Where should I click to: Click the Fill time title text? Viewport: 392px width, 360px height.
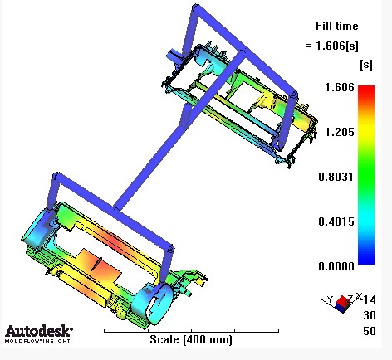337,26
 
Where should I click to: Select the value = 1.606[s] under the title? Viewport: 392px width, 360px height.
332,46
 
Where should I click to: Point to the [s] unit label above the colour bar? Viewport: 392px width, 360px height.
366,65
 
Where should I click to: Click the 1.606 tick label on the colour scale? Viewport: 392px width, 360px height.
340,87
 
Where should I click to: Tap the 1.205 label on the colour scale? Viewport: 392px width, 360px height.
340,132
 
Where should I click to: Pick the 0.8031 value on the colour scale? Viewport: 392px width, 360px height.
336,177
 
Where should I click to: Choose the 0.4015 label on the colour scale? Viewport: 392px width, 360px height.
336,221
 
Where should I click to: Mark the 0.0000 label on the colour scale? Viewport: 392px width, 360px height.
336,266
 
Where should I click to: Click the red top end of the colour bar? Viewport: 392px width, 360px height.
366,89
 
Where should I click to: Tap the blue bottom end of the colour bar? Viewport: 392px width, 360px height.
366,260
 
